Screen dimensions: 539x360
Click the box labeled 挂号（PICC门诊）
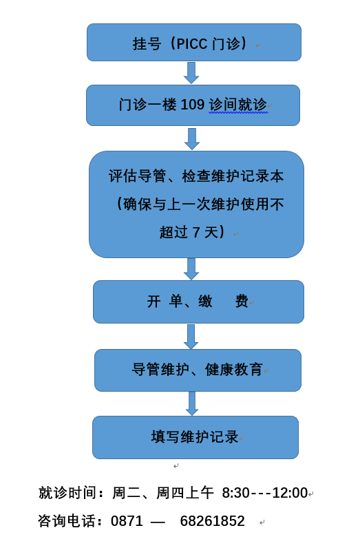click(x=193, y=43)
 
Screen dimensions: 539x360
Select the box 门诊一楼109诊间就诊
click(x=193, y=105)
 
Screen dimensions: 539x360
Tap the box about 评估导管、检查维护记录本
click(x=196, y=204)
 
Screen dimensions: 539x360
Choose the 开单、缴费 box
click(x=198, y=302)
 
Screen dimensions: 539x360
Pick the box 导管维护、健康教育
click(x=198, y=370)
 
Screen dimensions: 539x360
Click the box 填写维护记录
click(x=195, y=437)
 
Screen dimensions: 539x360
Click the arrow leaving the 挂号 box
click(x=191, y=72)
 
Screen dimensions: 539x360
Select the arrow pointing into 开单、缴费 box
click(x=191, y=268)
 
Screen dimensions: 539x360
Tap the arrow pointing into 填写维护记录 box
click(x=192, y=403)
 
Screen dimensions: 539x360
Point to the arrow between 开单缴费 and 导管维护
click(x=191, y=336)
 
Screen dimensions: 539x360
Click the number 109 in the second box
click(x=193, y=105)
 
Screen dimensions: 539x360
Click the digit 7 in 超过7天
click(x=196, y=233)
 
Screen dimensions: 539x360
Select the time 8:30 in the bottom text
click(x=235, y=493)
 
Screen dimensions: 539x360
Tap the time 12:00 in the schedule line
click(x=290, y=493)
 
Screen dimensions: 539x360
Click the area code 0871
click(x=127, y=521)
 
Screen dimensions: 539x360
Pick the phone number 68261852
click(x=212, y=521)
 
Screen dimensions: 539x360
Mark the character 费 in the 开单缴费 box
click(x=242, y=302)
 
